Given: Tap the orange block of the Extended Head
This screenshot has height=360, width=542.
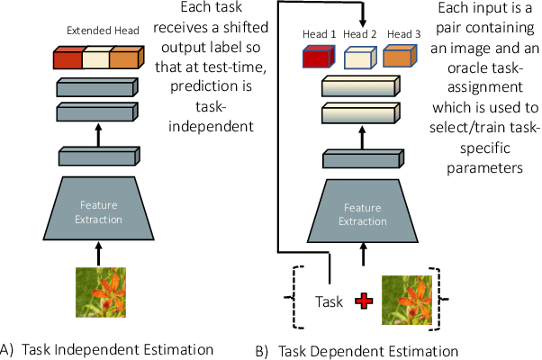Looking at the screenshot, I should pos(125,59).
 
